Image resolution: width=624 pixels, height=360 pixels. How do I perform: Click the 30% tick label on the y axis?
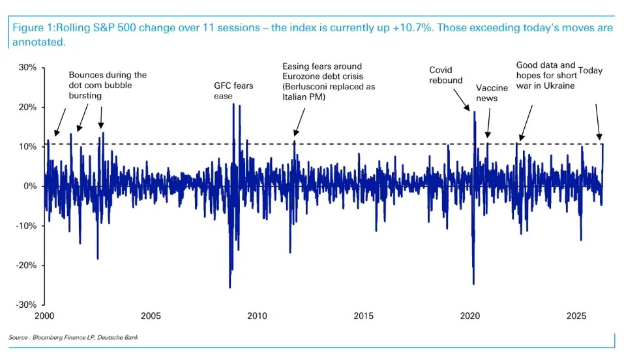[x=27, y=67]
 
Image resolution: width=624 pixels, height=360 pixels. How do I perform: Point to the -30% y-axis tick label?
[x=25, y=305]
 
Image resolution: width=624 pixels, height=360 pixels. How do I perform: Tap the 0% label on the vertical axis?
[x=30, y=186]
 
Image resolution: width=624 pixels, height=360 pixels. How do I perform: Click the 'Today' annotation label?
[x=590, y=70]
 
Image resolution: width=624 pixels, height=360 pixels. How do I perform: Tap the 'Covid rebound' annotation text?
[x=445, y=75]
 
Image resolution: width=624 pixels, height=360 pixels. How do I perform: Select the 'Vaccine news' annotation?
[x=486, y=93]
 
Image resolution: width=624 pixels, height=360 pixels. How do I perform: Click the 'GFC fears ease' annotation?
[x=233, y=91]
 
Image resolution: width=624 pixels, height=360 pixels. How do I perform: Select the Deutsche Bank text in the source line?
[x=120, y=337]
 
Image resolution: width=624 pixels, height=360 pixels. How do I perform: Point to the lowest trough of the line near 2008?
[x=230, y=287]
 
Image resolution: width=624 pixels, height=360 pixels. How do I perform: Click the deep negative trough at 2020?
[x=473, y=284]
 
